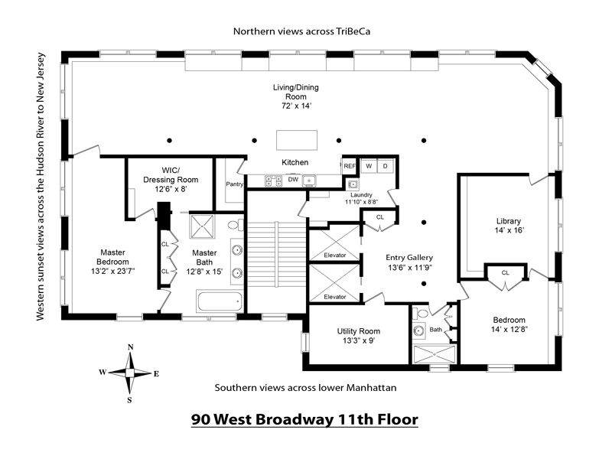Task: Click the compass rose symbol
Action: coord(130,373)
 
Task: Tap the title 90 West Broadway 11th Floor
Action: coord(304,419)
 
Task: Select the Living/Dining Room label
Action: coord(295,96)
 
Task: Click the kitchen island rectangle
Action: coord(296,141)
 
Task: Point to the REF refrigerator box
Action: coord(350,165)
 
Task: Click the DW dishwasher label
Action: coord(293,180)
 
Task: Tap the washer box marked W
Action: coord(368,166)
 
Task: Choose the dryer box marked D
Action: coord(386,166)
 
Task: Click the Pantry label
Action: coord(234,184)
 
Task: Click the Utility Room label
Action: coord(359,336)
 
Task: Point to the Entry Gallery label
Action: coord(410,263)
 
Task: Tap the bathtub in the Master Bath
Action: coord(219,301)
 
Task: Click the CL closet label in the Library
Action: coord(505,272)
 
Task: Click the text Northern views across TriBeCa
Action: coord(296,31)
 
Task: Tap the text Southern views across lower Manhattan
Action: coord(305,388)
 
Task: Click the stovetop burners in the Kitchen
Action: coord(273,181)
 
